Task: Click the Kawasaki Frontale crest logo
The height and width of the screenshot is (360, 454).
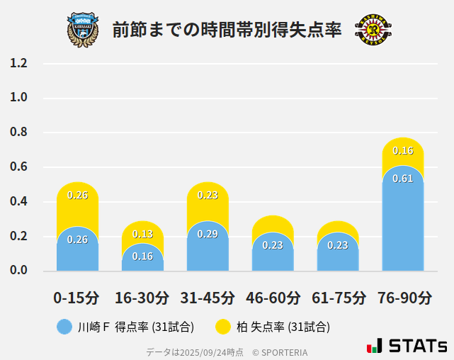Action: pyautogui.click(x=83, y=29)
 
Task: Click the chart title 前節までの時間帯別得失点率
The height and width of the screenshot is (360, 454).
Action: pyautogui.click(x=227, y=30)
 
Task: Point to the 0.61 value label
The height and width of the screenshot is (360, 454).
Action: pyautogui.click(x=403, y=179)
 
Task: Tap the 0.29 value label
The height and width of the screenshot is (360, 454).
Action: pyautogui.click(x=208, y=234)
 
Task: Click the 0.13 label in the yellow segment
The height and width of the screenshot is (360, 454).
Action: pyautogui.click(x=142, y=234)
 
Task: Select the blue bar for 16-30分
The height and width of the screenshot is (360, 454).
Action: pyautogui.click(x=142, y=259)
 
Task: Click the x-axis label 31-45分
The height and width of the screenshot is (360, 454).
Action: pyautogui.click(x=208, y=298)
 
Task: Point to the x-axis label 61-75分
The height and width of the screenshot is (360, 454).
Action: pyautogui.click(x=338, y=298)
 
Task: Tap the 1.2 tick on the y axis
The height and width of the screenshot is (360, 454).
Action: pyautogui.click(x=18, y=63)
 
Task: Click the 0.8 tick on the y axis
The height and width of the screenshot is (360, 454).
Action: pyautogui.click(x=18, y=133)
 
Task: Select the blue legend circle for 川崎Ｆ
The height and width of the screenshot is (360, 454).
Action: pyautogui.click(x=64, y=327)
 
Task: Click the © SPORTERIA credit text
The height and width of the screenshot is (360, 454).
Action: pyautogui.click(x=280, y=351)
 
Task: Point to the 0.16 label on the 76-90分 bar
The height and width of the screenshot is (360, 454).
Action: pyautogui.click(x=403, y=151)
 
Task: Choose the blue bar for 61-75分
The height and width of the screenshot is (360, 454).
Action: pyautogui.click(x=338, y=254)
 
